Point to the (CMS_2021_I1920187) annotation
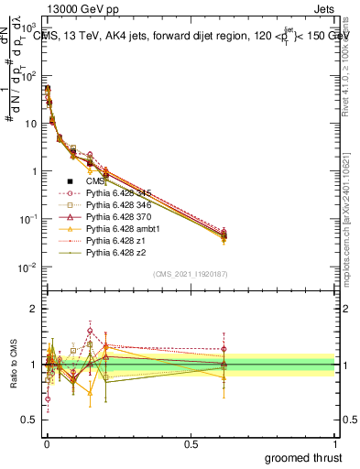coord(190,274)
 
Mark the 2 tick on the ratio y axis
coord(35,309)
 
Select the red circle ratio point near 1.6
coord(90,331)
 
